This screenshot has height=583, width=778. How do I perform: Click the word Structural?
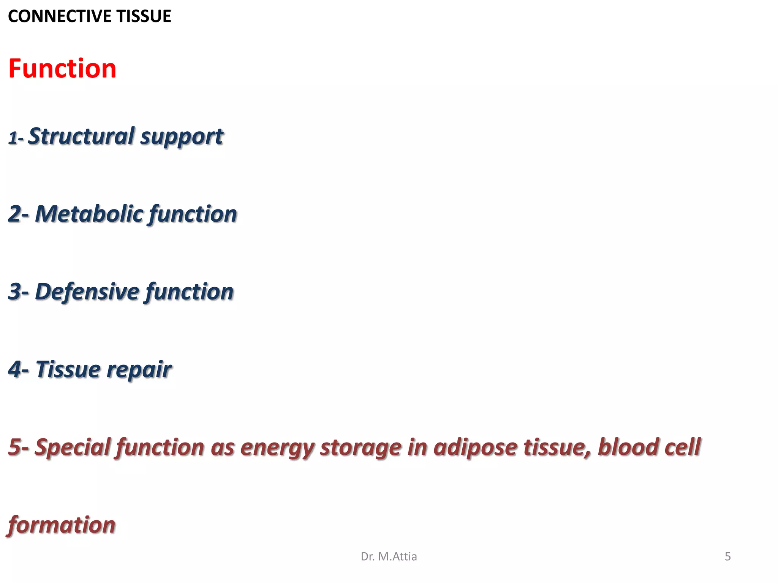click(81, 136)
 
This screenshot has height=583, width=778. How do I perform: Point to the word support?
click(182, 137)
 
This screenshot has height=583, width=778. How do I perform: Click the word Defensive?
click(87, 292)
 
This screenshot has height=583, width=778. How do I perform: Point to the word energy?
click(277, 448)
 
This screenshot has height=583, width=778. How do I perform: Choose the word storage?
click(361, 448)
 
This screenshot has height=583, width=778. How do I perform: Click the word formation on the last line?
click(62, 525)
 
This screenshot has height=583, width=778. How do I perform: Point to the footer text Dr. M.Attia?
click(389, 556)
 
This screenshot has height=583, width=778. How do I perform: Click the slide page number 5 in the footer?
click(727, 556)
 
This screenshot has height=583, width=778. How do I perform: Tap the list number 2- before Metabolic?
click(18, 214)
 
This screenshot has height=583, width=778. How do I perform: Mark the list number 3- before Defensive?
click(18, 292)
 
